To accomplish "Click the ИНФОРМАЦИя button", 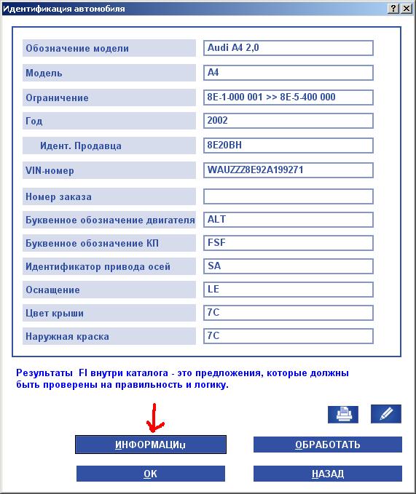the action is pos(151,445).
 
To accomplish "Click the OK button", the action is pos(151,474).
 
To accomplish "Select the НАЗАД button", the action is pos(327,474).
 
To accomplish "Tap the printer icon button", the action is pos(342,413).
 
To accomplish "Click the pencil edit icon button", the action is pos(386,413).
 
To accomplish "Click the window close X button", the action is pos(406,9).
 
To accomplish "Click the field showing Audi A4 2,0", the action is pos(289,48).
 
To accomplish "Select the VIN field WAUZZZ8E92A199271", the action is pos(289,170).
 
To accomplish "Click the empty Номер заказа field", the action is pos(289,196).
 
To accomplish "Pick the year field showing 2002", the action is pos(289,120).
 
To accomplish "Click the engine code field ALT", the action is pos(289,220).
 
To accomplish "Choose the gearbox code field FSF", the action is pos(289,242).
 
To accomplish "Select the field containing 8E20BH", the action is pos(289,145).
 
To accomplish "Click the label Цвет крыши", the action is pos(55,314).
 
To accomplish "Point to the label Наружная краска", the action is pos(67,338).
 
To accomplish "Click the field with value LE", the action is pos(289,290).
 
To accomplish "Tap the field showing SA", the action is pos(289,266).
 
